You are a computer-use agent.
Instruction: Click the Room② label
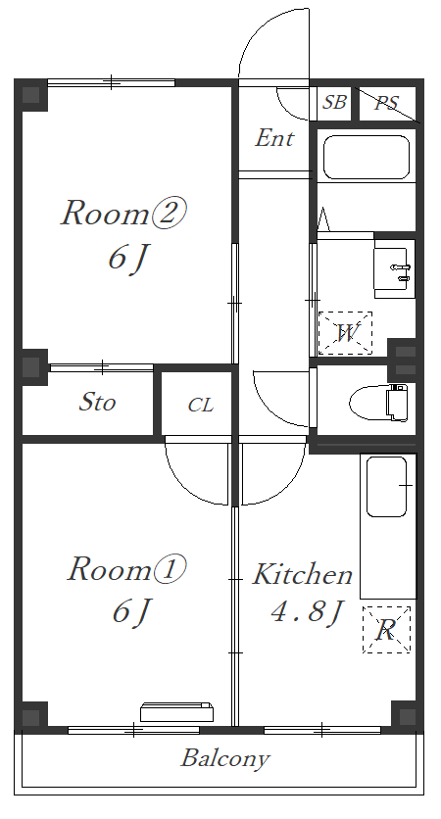(123, 213)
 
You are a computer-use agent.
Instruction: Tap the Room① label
(126, 569)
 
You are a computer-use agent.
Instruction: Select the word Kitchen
(303, 574)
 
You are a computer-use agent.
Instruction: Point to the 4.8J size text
(308, 611)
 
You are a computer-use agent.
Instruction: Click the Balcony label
(225, 758)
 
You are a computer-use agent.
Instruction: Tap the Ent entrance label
(274, 138)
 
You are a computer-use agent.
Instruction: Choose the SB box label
(334, 102)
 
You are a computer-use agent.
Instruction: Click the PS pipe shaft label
(387, 102)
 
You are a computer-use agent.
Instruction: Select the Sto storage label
(97, 402)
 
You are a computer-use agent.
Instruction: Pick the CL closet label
(201, 405)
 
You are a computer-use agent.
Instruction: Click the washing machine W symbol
(345, 333)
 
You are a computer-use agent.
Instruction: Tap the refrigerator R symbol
(386, 629)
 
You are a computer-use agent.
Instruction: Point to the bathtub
(366, 158)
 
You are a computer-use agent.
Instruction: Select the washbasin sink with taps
(395, 268)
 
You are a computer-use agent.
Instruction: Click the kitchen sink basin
(387, 487)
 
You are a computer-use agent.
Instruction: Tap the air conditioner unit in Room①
(176, 712)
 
